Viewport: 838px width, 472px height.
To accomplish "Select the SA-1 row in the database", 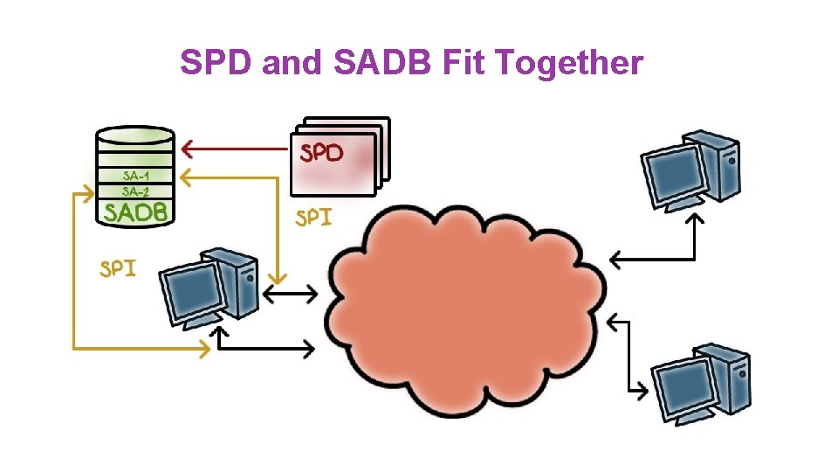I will click(x=136, y=175).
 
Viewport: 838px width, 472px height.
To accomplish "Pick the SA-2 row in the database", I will click(x=136, y=191).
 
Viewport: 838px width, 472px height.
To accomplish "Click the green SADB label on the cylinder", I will click(x=135, y=212).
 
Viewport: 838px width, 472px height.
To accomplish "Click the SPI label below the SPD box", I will click(x=313, y=218).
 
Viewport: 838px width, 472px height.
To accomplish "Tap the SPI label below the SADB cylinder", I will click(x=117, y=267).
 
